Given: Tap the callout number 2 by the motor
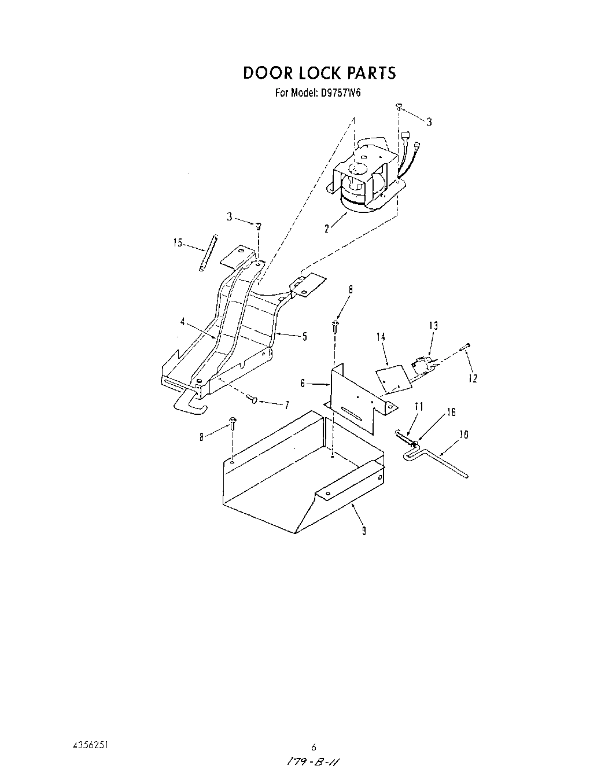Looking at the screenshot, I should (x=327, y=229).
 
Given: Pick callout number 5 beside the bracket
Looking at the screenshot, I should (x=304, y=337).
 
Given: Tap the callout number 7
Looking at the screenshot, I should (x=286, y=405).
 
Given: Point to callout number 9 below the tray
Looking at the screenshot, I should (x=364, y=531).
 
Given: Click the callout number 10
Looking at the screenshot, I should (x=463, y=435).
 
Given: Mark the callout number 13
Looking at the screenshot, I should (x=433, y=326).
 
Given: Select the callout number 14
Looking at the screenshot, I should (x=380, y=337).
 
